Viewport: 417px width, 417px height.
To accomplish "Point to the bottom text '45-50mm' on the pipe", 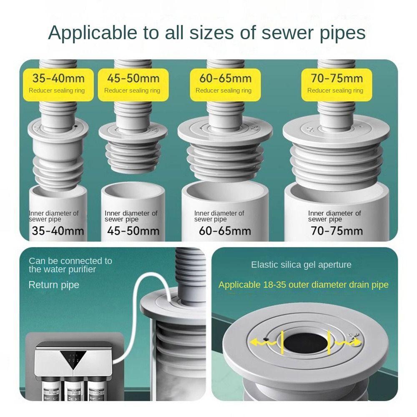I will tap(133, 231).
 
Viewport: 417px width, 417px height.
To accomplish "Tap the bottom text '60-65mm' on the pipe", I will tap(225, 231).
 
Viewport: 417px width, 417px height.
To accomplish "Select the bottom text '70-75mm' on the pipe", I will tap(336, 231).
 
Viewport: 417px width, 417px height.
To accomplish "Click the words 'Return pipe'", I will tap(54, 285).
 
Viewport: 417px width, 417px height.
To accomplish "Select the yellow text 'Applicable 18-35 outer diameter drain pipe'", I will tap(303, 285).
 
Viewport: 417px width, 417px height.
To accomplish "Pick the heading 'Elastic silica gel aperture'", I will tap(301, 265).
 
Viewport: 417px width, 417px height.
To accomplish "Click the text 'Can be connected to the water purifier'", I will tap(70, 265).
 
